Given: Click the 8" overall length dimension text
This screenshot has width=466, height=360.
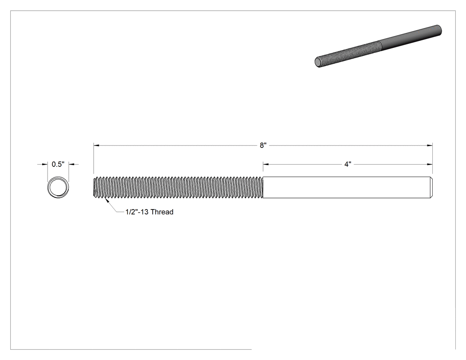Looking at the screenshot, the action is click(x=263, y=145).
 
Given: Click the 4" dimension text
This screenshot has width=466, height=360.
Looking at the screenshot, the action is click(x=348, y=164).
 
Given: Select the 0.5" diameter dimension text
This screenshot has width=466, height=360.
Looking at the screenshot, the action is click(x=58, y=164).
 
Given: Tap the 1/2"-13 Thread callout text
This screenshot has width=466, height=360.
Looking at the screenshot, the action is click(x=150, y=212).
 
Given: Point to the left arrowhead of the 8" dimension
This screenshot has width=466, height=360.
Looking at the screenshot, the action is click(x=96, y=145).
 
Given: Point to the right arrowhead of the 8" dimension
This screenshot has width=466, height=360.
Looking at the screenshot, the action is click(x=430, y=145).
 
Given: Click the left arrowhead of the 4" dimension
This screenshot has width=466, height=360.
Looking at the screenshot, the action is click(x=266, y=164).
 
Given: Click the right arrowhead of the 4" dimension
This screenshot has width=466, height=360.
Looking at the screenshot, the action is click(x=430, y=164).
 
